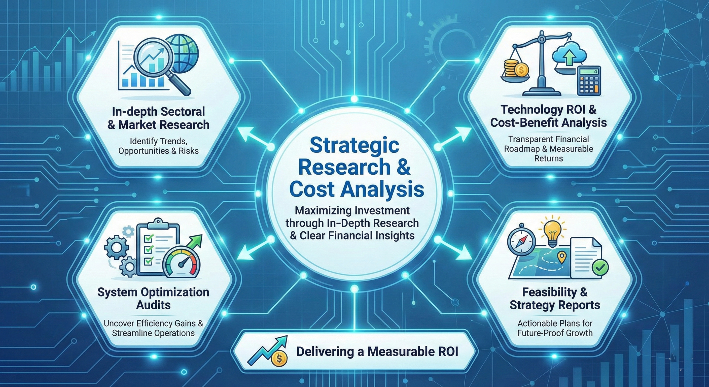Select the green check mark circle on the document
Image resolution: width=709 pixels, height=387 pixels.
click(x=600, y=267)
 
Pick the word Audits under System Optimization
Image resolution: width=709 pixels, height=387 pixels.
click(x=153, y=305)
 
